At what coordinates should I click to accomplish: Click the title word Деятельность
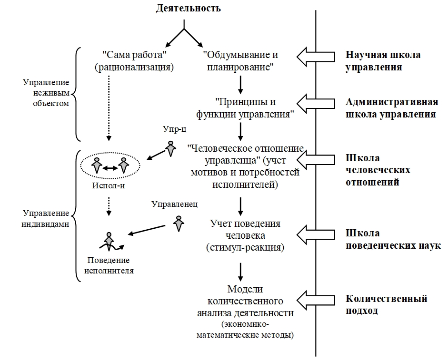pyautogui.click(x=188, y=8)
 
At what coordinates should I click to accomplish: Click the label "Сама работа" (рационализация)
pyautogui.click(x=134, y=61)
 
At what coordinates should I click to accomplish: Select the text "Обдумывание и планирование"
pyautogui.click(x=240, y=61)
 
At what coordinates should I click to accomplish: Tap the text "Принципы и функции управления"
pyautogui.click(x=245, y=108)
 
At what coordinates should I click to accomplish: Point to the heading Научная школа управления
pyautogui.click(x=383, y=61)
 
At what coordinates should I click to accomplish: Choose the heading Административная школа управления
pyautogui.click(x=392, y=108)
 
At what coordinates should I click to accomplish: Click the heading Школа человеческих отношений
pyautogui.click(x=378, y=170)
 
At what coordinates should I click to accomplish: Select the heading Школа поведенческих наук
pyautogui.click(x=393, y=239)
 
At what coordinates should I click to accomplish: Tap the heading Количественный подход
pyautogui.click(x=386, y=304)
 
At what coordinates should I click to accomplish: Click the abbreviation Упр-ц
pyautogui.click(x=175, y=129)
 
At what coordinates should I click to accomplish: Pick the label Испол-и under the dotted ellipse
pyautogui.click(x=109, y=185)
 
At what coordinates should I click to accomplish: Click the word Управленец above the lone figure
pyautogui.click(x=175, y=204)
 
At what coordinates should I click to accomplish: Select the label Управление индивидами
pyautogui.click(x=46, y=218)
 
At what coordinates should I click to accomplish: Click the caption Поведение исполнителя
pyautogui.click(x=109, y=265)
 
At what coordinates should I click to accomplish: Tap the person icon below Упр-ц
pyautogui.click(x=171, y=148)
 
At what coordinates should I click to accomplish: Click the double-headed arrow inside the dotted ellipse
pyautogui.click(x=110, y=168)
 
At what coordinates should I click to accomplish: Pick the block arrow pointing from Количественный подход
pyautogui.click(x=316, y=300)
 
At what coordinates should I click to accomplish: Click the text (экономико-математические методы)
pyautogui.click(x=245, y=330)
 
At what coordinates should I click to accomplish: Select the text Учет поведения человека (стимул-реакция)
pyautogui.click(x=245, y=235)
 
